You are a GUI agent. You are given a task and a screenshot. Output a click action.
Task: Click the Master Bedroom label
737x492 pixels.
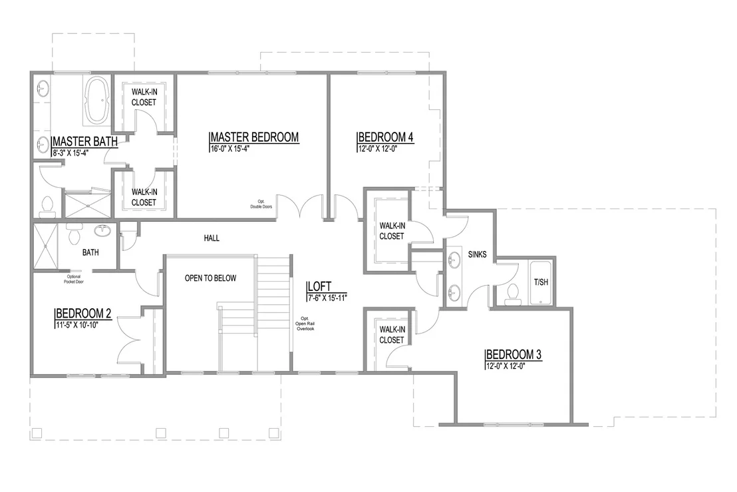click(254, 137)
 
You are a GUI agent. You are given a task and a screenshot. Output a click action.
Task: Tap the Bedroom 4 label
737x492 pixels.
click(386, 137)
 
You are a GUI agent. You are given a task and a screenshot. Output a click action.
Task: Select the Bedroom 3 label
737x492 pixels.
click(514, 354)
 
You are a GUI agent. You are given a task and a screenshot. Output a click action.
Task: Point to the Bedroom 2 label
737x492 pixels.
click(84, 314)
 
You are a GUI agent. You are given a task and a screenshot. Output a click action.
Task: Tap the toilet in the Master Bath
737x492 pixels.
click(47, 206)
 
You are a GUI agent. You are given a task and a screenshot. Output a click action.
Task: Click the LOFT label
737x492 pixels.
click(320, 286)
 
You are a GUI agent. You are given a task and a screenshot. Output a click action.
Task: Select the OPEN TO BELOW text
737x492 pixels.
click(211, 278)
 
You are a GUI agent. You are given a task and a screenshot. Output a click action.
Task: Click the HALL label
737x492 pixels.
click(212, 238)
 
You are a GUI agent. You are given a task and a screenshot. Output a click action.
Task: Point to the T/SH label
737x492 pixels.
click(541, 282)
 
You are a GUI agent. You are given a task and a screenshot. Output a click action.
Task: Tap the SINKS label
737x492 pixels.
click(477, 254)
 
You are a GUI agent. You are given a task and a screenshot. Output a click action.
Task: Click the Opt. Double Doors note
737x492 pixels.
click(261, 204)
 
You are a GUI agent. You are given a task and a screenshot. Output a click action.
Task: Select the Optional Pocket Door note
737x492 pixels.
click(74, 279)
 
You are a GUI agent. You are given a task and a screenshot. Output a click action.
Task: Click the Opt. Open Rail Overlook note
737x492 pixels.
click(305, 324)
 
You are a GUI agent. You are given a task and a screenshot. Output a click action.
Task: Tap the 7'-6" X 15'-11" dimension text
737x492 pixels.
click(327, 298)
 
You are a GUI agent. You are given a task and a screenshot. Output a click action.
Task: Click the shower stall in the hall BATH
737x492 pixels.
click(45, 246)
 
